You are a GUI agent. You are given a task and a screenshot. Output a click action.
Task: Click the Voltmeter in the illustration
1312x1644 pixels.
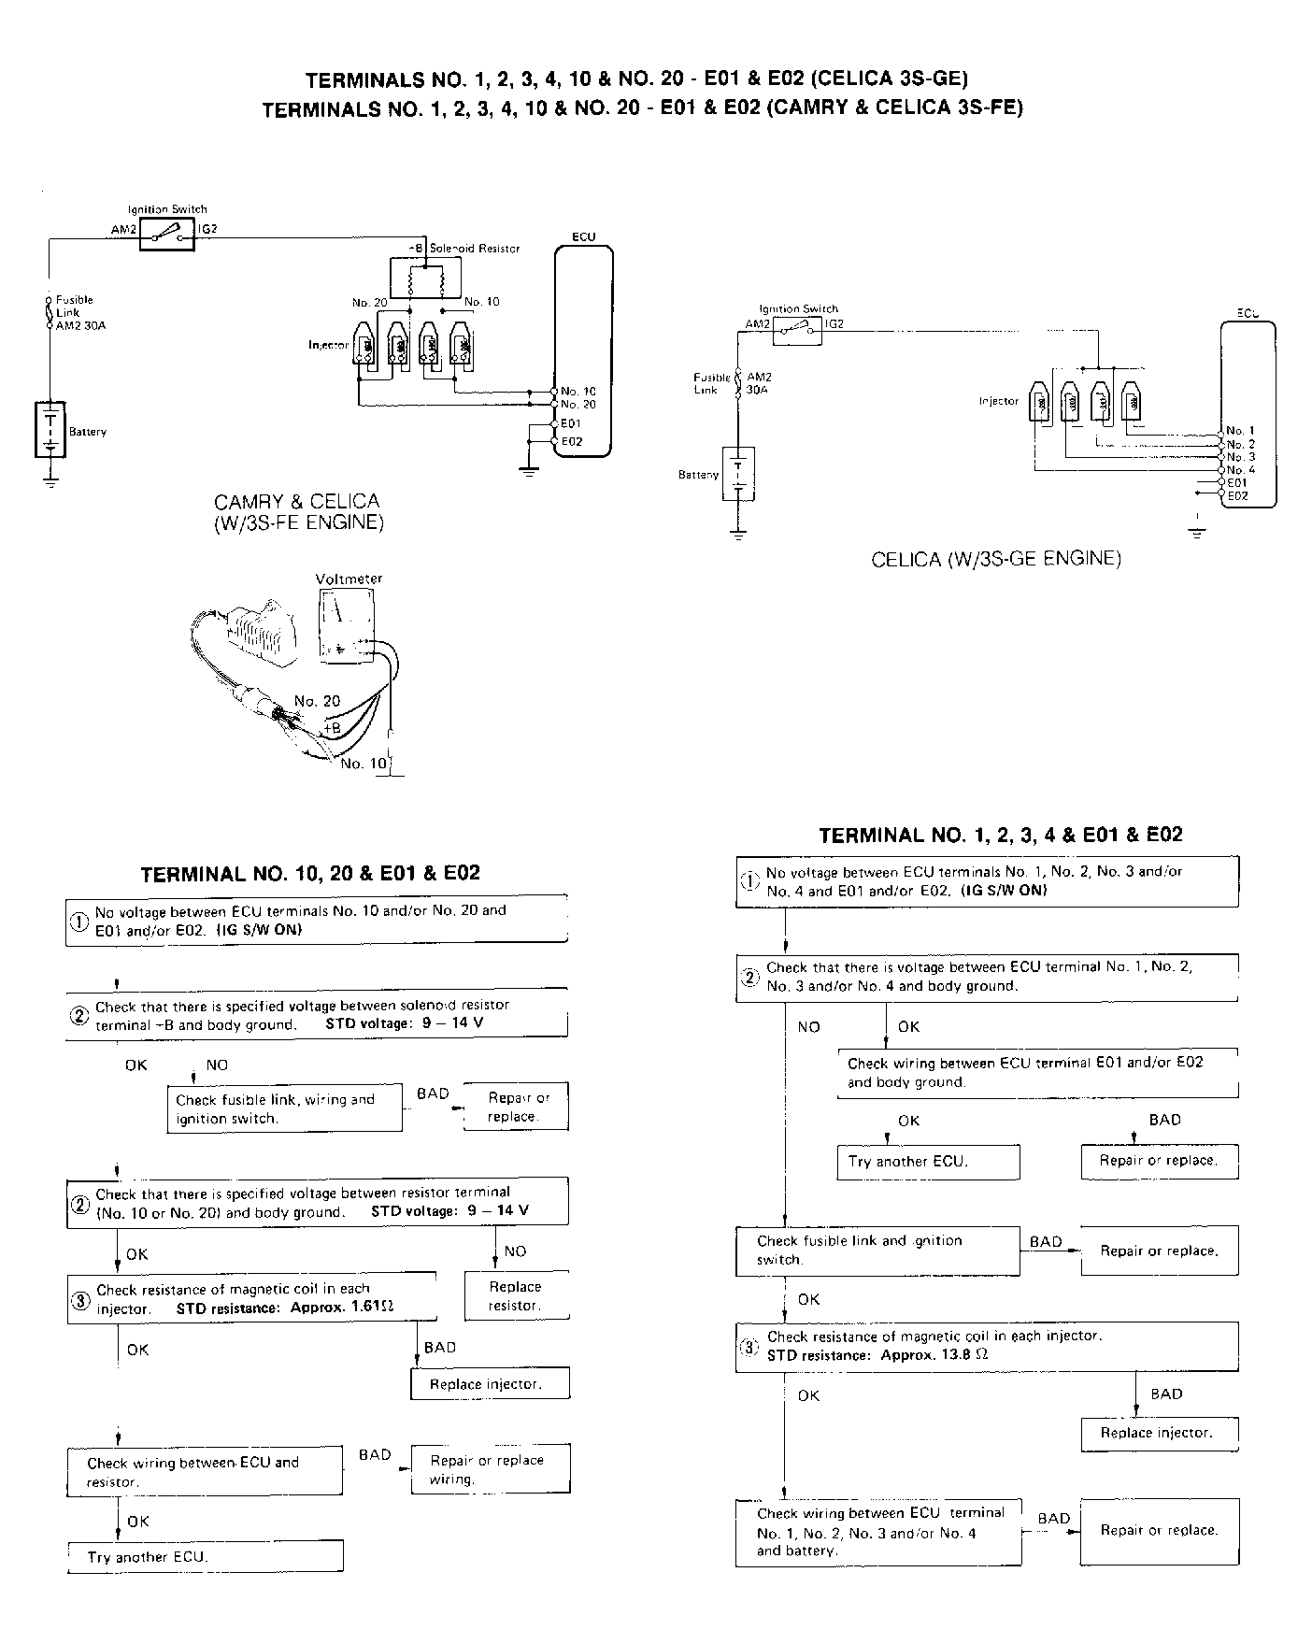click(346, 625)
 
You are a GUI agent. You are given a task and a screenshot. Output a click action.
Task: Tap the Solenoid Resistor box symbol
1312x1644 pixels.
click(425, 279)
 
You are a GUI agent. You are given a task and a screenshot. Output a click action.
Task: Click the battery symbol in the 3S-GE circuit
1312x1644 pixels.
click(738, 474)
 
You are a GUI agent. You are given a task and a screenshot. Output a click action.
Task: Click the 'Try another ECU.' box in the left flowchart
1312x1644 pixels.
click(206, 1557)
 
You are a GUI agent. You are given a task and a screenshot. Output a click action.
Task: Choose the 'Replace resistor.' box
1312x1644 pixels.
click(516, 1295)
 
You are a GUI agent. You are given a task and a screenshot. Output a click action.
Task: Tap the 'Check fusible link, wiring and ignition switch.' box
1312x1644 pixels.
click(285, 1108)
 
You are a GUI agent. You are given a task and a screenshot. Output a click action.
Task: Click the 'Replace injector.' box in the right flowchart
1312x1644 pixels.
click(1159, 1433)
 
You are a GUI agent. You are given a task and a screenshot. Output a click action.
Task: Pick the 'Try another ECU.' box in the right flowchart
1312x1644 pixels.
click(927, 1162)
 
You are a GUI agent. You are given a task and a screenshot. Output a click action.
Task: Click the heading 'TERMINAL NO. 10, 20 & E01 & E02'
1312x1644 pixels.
click(310, 874)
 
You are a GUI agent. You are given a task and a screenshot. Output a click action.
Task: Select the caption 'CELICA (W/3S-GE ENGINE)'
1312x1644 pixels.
click(996, 559)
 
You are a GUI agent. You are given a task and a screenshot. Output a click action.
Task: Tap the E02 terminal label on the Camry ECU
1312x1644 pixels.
click(572, 441)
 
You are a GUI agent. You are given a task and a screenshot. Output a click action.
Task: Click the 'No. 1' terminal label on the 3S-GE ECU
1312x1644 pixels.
click(1241, 431)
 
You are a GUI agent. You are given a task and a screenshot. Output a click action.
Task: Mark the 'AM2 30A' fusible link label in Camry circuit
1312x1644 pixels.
click(75, 325)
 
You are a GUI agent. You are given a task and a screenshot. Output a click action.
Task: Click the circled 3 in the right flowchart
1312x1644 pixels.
click(749, 1348)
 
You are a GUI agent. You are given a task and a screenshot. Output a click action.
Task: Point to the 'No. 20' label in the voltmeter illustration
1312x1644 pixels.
click(318, 701)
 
